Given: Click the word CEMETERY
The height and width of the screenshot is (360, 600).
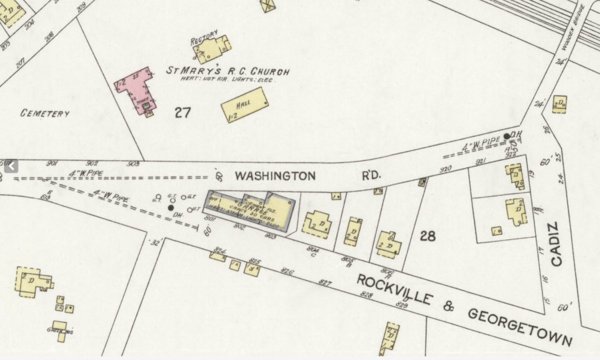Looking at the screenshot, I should [x=45, y=114].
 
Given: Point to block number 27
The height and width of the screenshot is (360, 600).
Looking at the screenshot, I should [x=183, y=112].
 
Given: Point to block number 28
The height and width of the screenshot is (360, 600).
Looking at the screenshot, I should [x=428, y=235].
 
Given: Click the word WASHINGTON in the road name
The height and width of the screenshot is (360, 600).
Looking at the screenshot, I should [x=274, y=176].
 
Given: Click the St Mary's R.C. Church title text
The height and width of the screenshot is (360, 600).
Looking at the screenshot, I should [x=228, y=71].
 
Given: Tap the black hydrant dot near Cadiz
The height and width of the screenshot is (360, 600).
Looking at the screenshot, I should [x=507, y=136].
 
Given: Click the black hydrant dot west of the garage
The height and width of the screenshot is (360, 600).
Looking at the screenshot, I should [x=171, y=208].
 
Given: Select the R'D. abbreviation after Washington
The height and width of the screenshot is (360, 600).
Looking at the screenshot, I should [x=371, y=176].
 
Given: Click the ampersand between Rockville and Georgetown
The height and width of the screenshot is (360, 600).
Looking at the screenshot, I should [x=449, y=305].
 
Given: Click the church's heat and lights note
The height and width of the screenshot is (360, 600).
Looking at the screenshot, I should [x=227, y=80].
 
